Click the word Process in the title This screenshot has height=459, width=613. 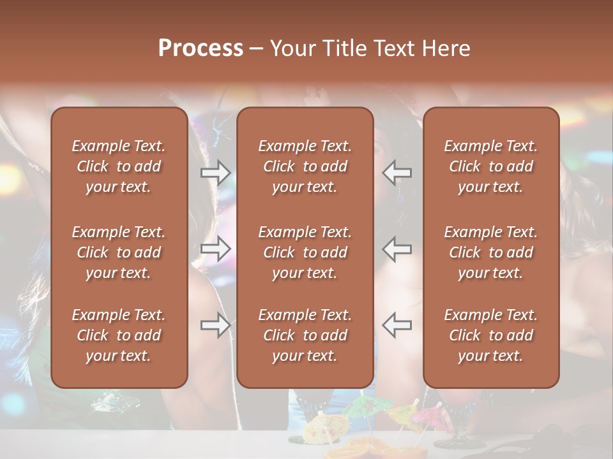tap(201, 48)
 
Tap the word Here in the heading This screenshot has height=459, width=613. tap(446, 48)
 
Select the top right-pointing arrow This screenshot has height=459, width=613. tap(216, 173)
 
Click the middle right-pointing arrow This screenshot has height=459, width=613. tap(216, 249)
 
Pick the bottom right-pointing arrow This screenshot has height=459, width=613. tap(216, 325)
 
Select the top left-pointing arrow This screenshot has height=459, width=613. tap(397, 173)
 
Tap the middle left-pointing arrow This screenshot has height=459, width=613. tap(397, 249)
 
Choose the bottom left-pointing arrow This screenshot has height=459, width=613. tap(397, 325)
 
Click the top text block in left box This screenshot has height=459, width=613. tap(119, 166)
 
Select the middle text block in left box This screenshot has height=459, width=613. tap(119, 252)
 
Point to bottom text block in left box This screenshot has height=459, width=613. tap(119, 335)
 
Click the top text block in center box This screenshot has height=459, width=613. tap(305, 166)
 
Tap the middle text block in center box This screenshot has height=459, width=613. tap(305, 252)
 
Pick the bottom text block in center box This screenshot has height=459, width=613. tap(305, 335)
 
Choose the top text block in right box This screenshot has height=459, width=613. tap(491, 166)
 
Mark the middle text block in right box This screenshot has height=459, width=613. tap(491, 252)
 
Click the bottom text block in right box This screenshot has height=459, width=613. tap(491, 335)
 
